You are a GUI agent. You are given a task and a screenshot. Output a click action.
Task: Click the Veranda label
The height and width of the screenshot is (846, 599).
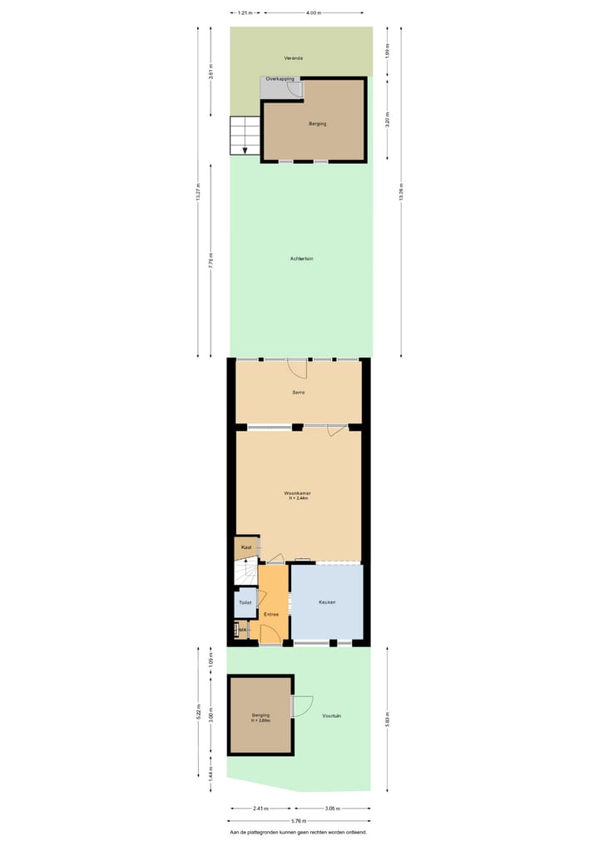[x=293, y=58]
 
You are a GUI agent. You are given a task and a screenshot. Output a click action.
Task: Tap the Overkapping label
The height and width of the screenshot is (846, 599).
[x=280, y=79]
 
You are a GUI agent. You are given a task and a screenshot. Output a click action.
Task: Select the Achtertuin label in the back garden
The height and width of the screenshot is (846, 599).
[x=301, y=259]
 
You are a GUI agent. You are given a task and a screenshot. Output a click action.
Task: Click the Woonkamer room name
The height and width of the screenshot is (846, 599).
[x=299, y=493]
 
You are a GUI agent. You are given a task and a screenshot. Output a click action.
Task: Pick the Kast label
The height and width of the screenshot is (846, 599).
[x=246, y=547]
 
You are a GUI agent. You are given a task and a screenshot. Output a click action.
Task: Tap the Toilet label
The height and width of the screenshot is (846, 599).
[x=245, y=602]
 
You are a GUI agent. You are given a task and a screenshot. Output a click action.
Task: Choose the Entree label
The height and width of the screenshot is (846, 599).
[x=271, y=614]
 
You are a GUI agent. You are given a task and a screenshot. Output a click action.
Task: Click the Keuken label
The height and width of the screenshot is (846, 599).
[x=327, y=602]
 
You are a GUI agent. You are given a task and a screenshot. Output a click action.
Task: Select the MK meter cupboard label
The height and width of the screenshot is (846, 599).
[x=242, y=631]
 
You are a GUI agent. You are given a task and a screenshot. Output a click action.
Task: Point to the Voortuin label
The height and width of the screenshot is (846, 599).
[x=332, y=715]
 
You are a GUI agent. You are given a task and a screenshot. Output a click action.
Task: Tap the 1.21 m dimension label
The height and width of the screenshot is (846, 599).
[x=245, y=13]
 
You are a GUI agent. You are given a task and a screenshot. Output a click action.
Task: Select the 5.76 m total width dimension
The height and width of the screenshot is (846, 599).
[x=298, y=819]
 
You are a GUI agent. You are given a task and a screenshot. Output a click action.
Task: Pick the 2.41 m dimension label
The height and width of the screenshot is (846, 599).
[x=260, y=808]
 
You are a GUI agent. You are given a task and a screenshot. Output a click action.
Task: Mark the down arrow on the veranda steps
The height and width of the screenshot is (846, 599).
[x=245, y=151]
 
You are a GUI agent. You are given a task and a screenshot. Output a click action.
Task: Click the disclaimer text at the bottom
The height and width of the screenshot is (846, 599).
[x=298, y=832]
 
